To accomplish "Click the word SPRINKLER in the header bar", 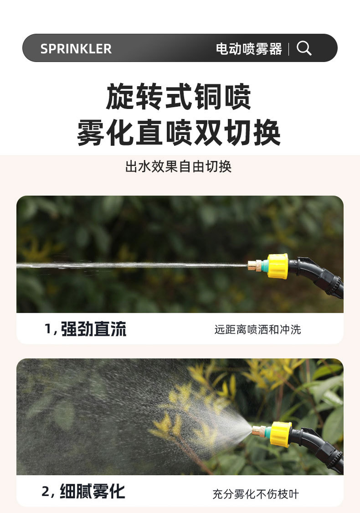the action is (76, 49).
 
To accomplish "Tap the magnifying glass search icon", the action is (304, 48).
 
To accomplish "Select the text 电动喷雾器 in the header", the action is (248, 49).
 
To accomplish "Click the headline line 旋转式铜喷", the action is (179, 97).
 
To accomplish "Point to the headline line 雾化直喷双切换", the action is (179, 132).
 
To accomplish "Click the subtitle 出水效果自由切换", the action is (179, 166).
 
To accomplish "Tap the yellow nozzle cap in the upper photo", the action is (278, 266).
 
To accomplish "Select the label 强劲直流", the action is (93, 329).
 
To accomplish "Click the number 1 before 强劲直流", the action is (48, 329).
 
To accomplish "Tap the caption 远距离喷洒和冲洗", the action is (257, 329).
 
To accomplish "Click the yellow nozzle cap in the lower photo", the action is (281, 434).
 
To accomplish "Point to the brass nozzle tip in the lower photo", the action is (258, 430).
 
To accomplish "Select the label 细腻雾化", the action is (92, 492).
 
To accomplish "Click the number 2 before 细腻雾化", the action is (46, 492).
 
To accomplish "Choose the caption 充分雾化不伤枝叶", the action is (256, 494).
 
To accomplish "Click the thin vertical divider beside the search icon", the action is (289, 49).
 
